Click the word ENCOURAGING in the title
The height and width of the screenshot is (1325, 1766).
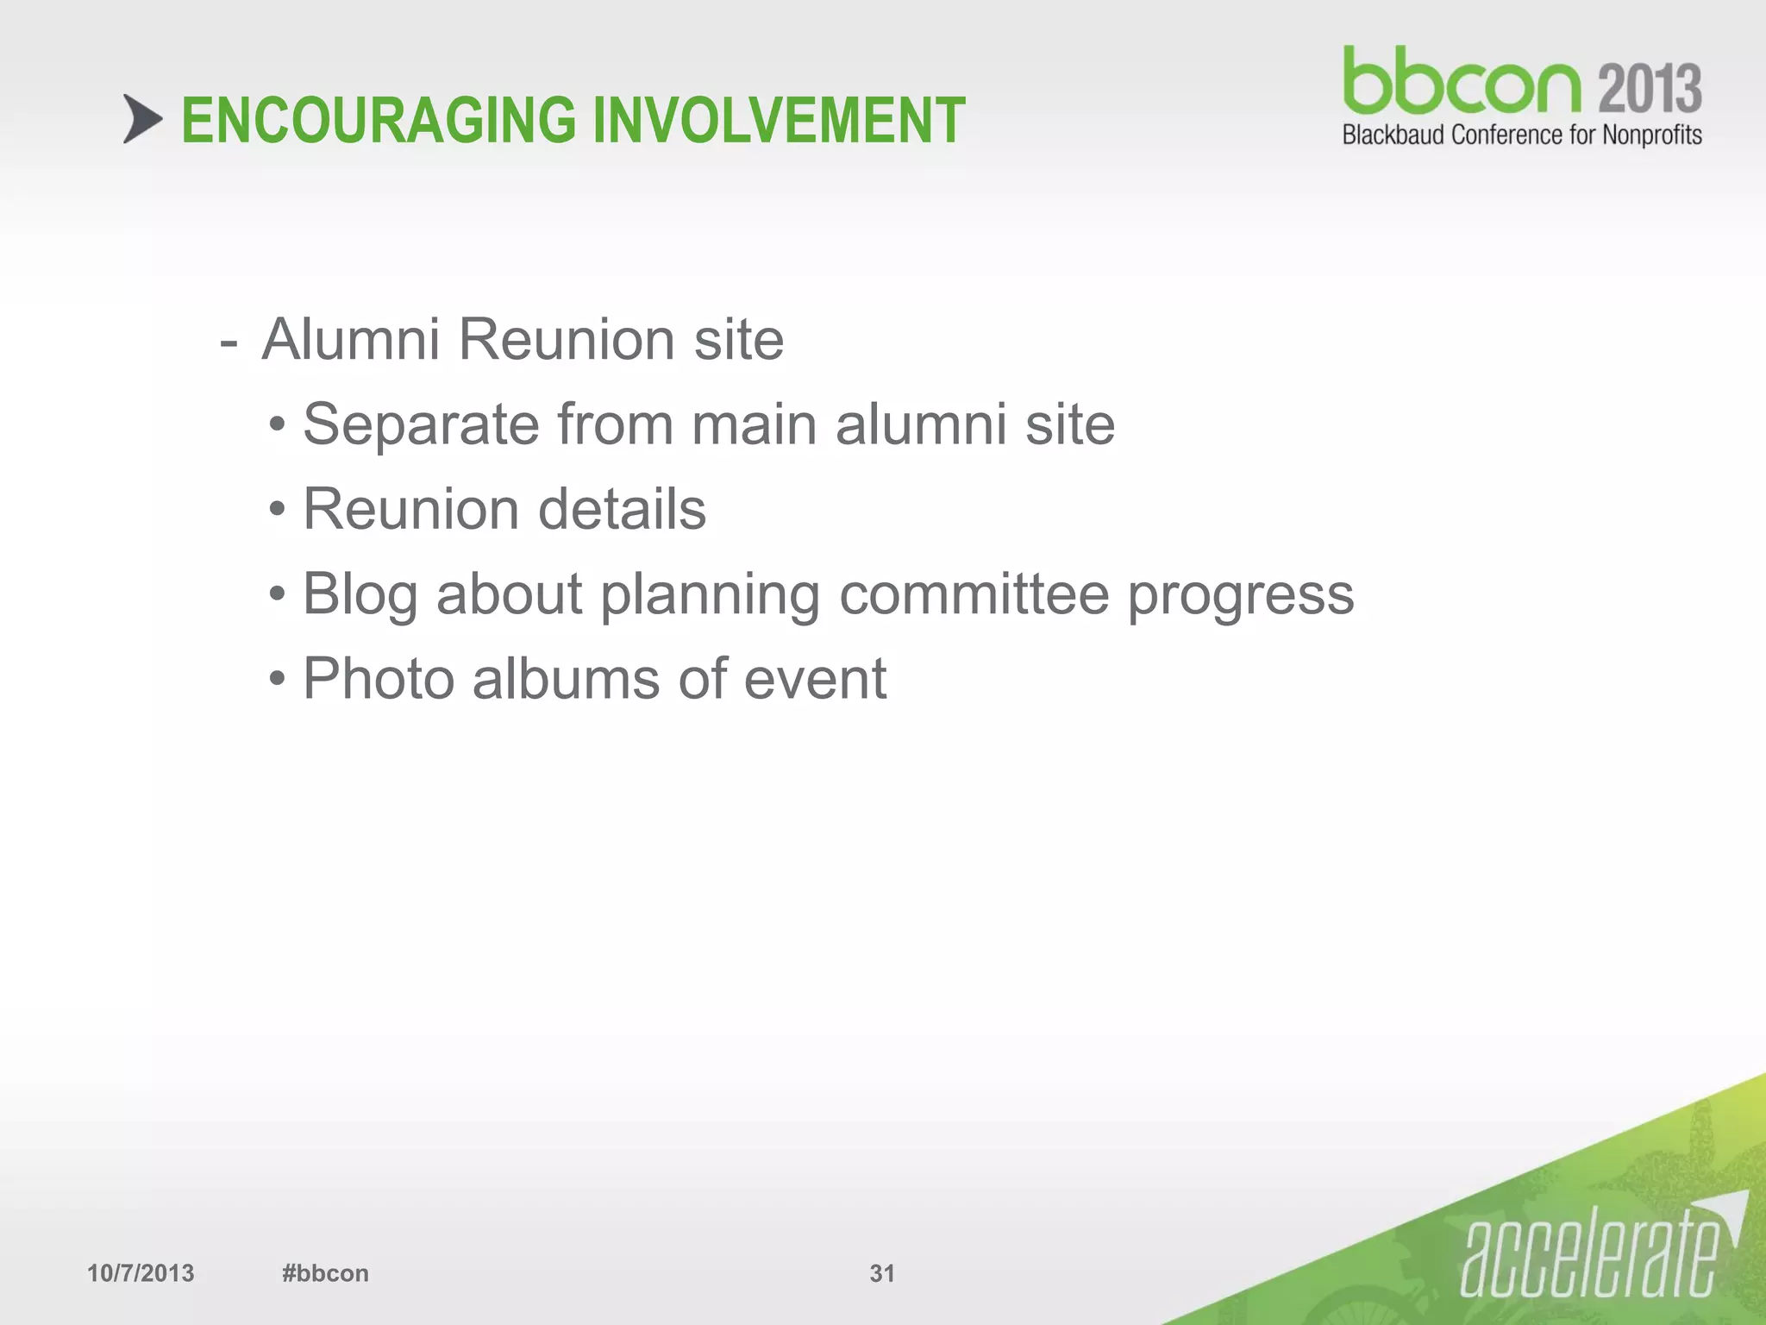(x=378, y=121)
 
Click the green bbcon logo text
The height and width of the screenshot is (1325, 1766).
(x=1462, y=82)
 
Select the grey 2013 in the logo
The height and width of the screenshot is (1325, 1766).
(x=1650, y=88)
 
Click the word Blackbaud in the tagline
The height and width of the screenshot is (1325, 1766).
(x=1394, y=135)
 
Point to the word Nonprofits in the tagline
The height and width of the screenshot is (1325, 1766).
(x=1651, y=135)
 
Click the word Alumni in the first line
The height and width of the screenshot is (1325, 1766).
(x=350, y=339)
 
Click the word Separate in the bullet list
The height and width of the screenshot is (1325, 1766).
(x=420, y=424)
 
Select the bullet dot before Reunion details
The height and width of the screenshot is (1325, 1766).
(x=277, y=510)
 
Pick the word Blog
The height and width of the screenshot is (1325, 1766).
(x=360, y=595)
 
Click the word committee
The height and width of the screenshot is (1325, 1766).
(x=974, y=594)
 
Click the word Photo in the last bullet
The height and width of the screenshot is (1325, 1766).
(x=379, y=679)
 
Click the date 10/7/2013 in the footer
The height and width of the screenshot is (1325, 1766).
(x=141, y=1273)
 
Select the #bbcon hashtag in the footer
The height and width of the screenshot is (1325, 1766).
(x=325, y=1273)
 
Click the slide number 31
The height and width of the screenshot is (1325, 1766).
(x=882, y=1273)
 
